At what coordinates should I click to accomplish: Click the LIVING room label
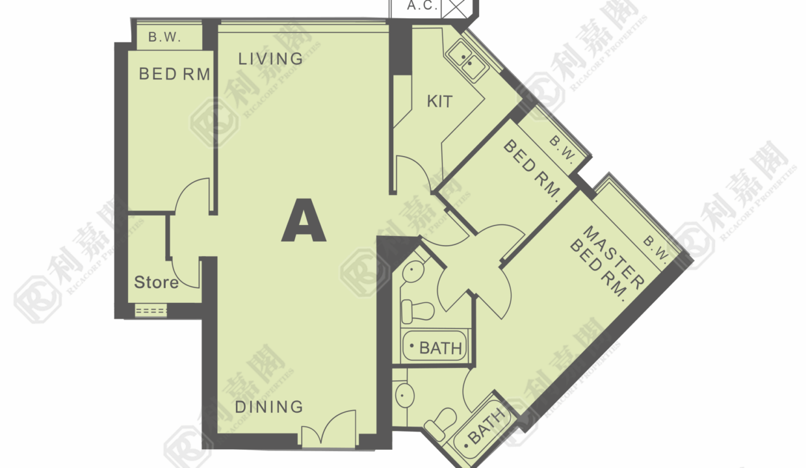[x=270, y=58]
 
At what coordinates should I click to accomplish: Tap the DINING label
[x=269, y=407]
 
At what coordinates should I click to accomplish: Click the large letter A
[x=304, y=220]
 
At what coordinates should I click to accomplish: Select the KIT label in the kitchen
[x=439, y=101]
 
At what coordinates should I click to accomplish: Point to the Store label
[x=156, y=282]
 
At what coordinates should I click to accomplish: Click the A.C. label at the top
[x=422, y=5]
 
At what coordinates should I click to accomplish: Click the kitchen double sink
[x=467, y=62]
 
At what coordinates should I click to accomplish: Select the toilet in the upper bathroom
[x=417, y=311]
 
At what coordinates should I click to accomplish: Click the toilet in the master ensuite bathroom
[x=441, y=424]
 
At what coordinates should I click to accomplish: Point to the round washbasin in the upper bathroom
[x=413, y=271]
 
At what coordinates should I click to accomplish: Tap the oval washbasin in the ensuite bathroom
[x=405, y=395]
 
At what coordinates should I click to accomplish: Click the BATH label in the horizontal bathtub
[x=441, y=348]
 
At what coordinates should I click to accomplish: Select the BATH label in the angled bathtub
[x=486, y=426]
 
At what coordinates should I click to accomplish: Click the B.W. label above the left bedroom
[x=164, y=36]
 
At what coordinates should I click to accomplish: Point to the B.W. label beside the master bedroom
[x=656, y=250]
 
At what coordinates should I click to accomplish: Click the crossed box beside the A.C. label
[x=454, y=8]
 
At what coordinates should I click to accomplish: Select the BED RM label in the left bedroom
[x=174, y=74]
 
